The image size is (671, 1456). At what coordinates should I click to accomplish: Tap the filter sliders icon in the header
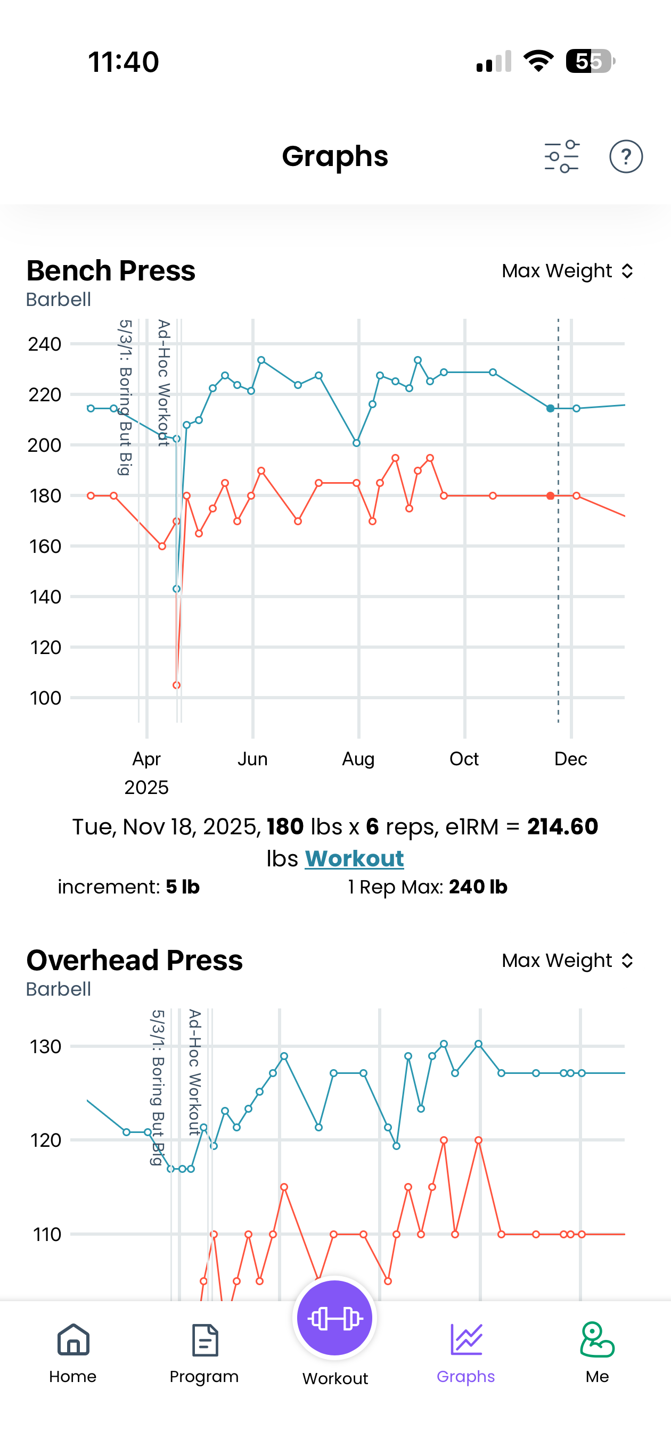[561, 156]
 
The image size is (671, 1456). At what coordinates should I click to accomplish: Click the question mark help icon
[626, 156]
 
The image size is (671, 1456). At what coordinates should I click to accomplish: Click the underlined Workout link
[354, 858]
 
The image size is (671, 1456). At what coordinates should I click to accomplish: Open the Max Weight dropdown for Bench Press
[567, 271]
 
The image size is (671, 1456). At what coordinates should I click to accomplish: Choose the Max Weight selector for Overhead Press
[567, 961]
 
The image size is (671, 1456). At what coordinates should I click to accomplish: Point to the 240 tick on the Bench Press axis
[45, 344]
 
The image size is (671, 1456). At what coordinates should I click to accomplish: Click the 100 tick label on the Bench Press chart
[45, 698]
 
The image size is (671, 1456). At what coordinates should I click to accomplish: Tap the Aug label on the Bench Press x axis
[358, 758]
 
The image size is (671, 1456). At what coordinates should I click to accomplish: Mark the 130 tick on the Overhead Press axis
[45, 1047]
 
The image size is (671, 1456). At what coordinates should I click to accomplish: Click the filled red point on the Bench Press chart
[551, 495]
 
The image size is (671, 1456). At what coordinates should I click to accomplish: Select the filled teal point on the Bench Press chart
[551, 408]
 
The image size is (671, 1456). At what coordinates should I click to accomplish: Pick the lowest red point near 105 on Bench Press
[176, 685]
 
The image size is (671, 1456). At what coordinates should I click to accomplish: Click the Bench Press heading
[111, 271]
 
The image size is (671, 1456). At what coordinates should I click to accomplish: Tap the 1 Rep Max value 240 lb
[478, 887]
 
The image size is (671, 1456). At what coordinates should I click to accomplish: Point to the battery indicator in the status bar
[590, 61]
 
